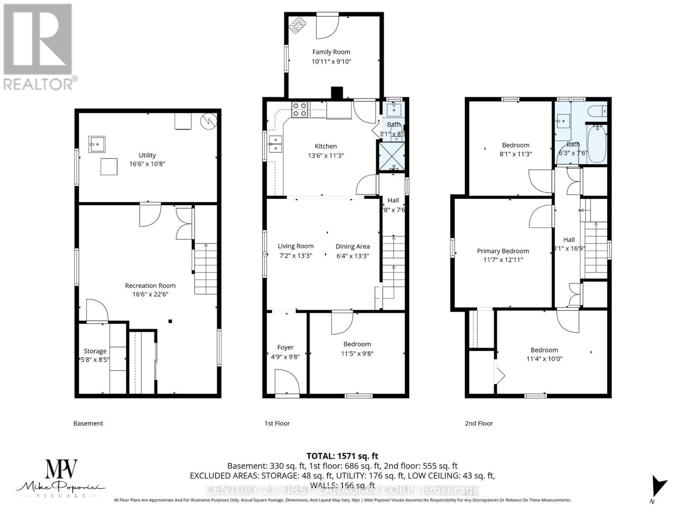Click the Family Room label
point(331,52)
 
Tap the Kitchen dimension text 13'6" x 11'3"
point(325,155)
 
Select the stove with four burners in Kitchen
point(299,110)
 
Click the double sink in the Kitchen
point(275,144)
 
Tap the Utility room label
point(147,155)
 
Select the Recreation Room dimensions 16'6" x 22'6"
point(150,294)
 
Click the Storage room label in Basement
point(95,351)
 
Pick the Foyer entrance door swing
point(286,382)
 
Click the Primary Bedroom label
point(503,251)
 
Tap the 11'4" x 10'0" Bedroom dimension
point(544,359)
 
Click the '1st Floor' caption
point(277,423)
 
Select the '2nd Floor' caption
point(479,423)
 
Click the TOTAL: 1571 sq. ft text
point(342,456)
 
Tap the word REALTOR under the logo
point(39,84)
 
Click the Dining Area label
point(352,246)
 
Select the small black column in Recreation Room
point(170,321)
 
